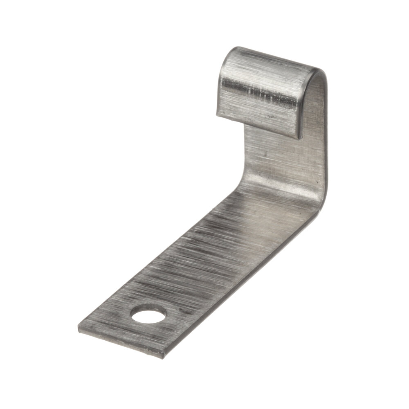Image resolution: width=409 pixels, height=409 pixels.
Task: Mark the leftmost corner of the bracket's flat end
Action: tap(79, 327)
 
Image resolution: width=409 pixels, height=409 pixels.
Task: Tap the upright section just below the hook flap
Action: tap(282, 155)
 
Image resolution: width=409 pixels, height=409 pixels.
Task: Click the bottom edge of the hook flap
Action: tap(258, 123)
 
